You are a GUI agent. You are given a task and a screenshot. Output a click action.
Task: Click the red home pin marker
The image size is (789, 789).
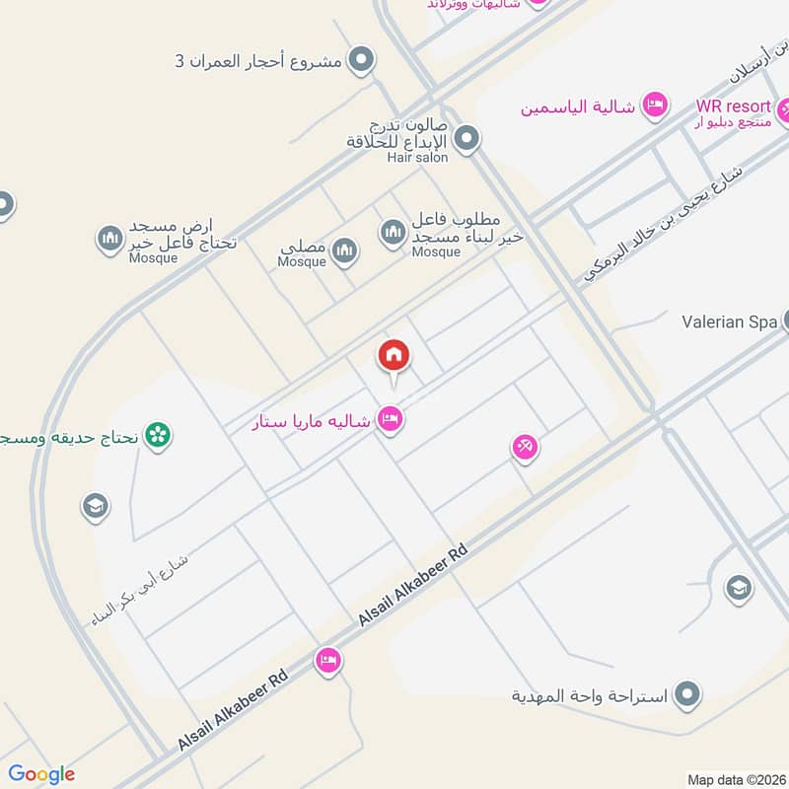coord(393,356)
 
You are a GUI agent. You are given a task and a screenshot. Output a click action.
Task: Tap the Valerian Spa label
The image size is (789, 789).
coord(731,322)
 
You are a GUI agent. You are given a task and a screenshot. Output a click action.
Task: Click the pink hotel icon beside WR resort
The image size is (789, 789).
coord(785,108)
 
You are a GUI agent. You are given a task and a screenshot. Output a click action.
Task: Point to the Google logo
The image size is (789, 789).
coord(41,774)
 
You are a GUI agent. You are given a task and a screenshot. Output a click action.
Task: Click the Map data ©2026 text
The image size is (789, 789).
coord(735,777)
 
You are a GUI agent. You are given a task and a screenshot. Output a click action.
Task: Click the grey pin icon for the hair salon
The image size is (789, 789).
coord(467,138)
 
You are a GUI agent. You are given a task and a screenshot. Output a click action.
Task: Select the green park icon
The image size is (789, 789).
coord(156,434)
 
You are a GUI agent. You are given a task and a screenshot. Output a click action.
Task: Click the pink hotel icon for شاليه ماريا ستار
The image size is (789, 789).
coord(392,420)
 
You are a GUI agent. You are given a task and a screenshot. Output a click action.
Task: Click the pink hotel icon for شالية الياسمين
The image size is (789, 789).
coord(654,104)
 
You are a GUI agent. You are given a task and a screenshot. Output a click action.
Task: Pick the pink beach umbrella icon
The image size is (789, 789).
coord(525,449)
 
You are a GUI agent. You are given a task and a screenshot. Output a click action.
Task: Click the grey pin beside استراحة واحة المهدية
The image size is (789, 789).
coord(688,694)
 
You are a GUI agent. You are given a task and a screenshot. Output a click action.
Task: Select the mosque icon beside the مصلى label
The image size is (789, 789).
coord(343,251)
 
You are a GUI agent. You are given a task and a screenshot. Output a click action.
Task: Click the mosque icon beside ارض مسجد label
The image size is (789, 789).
coord(108,238)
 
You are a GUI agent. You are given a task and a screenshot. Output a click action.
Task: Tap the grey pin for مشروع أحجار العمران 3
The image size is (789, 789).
coord(363,60)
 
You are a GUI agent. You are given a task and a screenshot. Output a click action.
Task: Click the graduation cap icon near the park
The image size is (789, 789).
coord(95,507)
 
